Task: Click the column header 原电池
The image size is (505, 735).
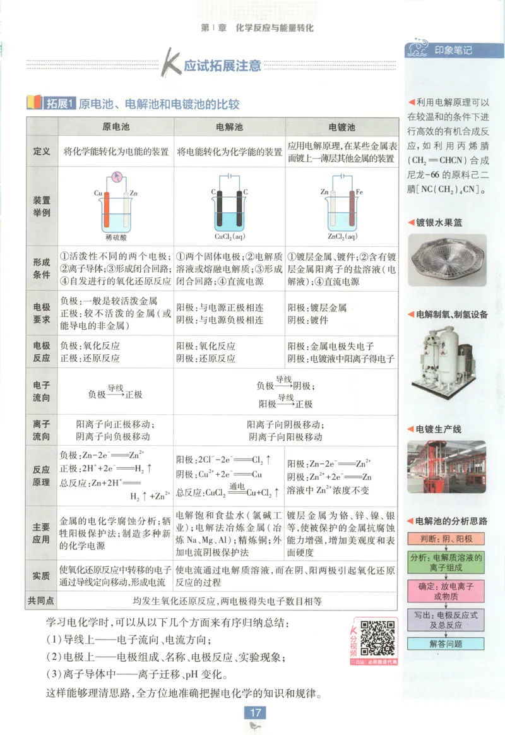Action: click(116, 126)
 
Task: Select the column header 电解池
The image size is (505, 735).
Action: click(229, 126)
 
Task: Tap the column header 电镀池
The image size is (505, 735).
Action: click(342, 126)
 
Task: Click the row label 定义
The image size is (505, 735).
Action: click(41, 152)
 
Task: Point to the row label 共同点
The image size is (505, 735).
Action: click(41, 601)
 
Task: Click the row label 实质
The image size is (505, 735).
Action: click(41, 575)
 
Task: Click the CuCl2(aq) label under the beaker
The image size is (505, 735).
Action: click(229, 237)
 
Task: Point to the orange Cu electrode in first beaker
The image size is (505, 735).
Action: click(107, 212)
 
